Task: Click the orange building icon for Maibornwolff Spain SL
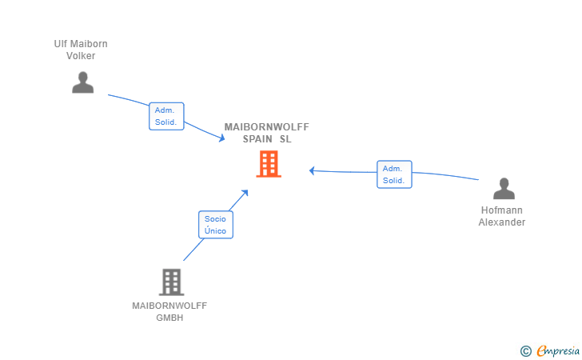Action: pos(269,164)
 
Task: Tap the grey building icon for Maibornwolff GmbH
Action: pos(171,282)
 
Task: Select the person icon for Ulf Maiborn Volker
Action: pos(82,82)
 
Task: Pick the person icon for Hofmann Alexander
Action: pos(504,189)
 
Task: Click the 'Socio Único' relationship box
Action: pos(215,225)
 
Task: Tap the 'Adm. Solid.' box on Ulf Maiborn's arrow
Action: pos(166,116)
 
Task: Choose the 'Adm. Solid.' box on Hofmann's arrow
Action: pos(394,174)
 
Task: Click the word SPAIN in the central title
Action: pos(258,138)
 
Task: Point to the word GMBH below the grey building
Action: pos(169,318)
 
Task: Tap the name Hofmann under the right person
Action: pos(502,210)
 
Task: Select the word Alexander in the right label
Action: pos(502,222)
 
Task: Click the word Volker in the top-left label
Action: pos(81,56)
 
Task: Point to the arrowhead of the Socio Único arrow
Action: pos(245,192)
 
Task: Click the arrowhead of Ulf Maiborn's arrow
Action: pos(222,140)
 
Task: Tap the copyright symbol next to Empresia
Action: pos(525,350)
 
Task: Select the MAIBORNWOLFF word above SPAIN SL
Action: pos(266,127)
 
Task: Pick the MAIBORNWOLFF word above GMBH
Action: pos(169,306)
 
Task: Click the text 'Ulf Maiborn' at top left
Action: pos(81,44)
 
